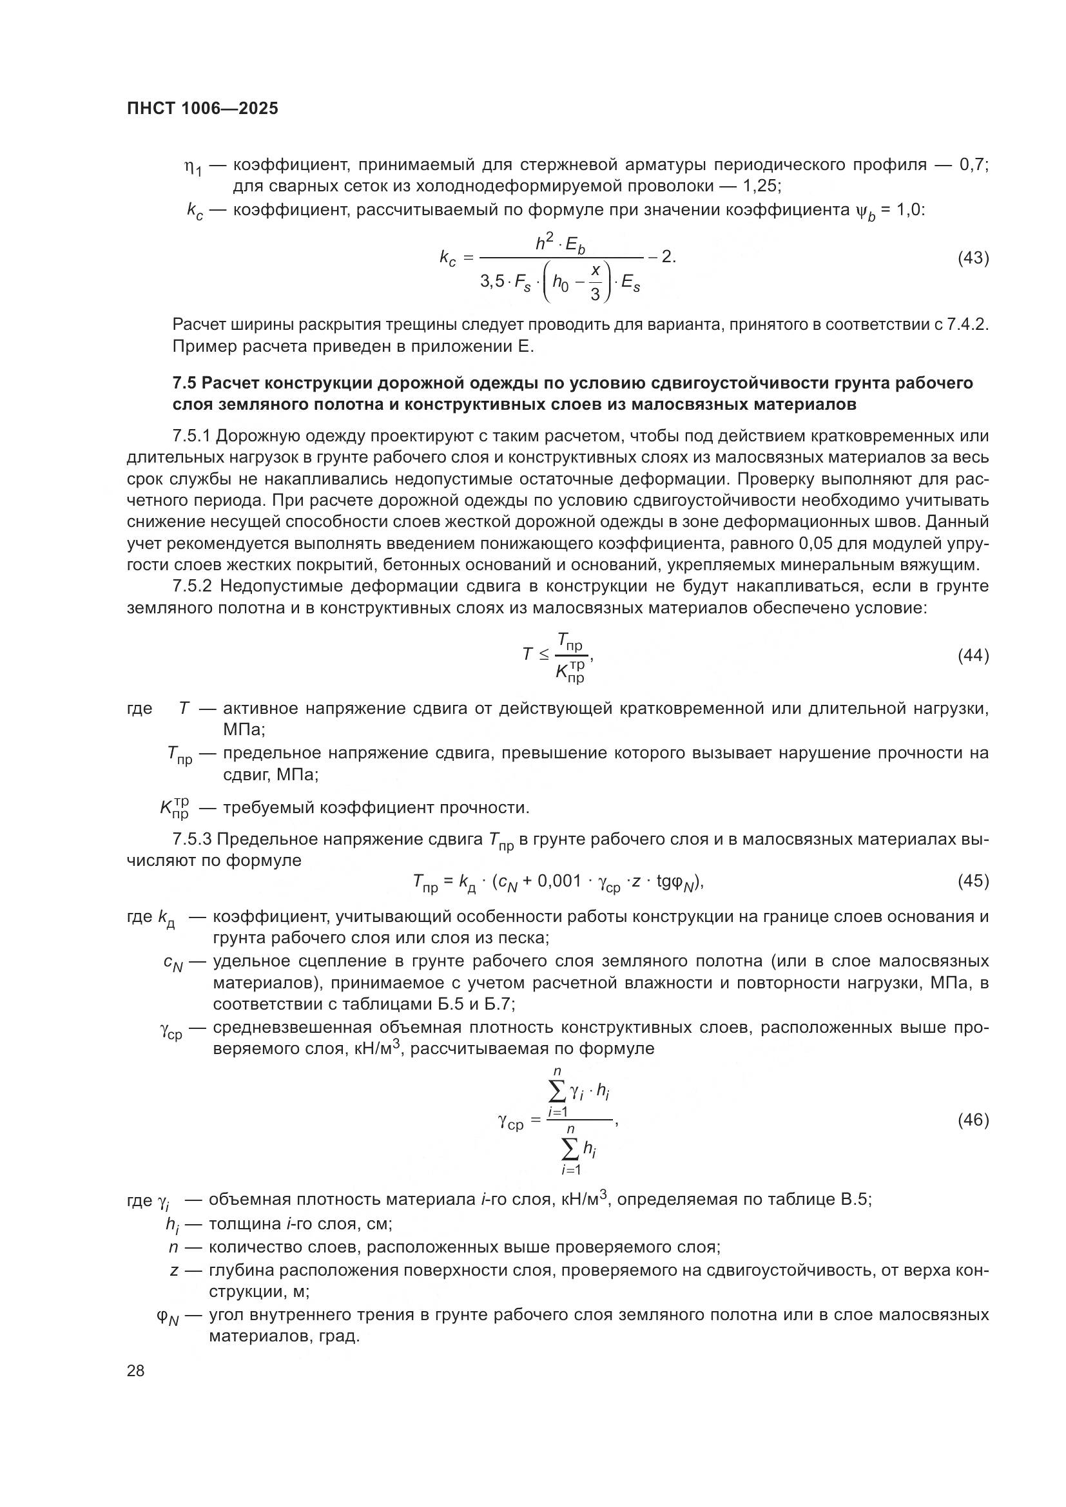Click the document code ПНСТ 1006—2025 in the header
202,109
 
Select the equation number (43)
973,258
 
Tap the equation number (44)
973,655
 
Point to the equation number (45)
973,881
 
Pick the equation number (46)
973,1120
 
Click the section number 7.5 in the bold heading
184,383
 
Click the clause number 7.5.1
191,436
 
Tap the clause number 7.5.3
191,840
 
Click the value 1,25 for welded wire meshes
761,186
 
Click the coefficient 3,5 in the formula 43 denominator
492,282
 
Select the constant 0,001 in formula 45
559,881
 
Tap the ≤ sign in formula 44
544,655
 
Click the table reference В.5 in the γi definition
855,1200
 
